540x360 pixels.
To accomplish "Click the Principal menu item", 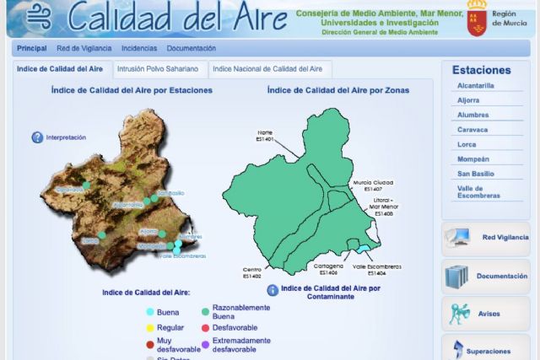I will tap(31, 49).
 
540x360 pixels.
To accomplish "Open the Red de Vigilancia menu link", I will tap(84, 49).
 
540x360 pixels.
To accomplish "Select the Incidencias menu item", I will tap(139, 49).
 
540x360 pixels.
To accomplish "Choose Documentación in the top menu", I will tap(191, 49).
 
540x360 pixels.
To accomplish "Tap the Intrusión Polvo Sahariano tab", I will tap(158, 69).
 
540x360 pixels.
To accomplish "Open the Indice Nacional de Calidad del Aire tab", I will tap(267, 69).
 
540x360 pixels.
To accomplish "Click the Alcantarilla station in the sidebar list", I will tap(476, 85).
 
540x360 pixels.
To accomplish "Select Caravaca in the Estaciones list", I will tap(472, 130).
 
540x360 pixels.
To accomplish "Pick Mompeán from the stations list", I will tap(472, 159).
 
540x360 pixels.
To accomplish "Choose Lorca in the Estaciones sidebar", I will tap(469, 144).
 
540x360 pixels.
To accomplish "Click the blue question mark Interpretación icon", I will tap(37, 137).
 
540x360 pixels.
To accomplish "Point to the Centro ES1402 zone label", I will tap(251, 273).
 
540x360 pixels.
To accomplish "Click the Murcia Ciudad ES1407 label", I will tap(373, 186).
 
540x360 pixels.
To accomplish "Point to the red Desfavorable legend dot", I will tap(205, 327).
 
